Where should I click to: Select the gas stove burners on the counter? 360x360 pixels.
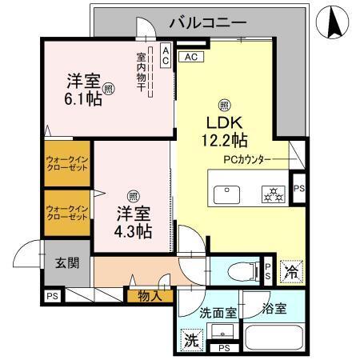(272, 194)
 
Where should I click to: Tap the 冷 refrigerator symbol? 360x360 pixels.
(292, 272)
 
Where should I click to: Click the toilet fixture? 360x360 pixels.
(241, 271)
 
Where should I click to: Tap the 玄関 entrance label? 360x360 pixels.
(66, 262)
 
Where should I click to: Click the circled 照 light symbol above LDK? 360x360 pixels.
(225, 103)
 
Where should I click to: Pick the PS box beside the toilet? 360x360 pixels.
(268, 270)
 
